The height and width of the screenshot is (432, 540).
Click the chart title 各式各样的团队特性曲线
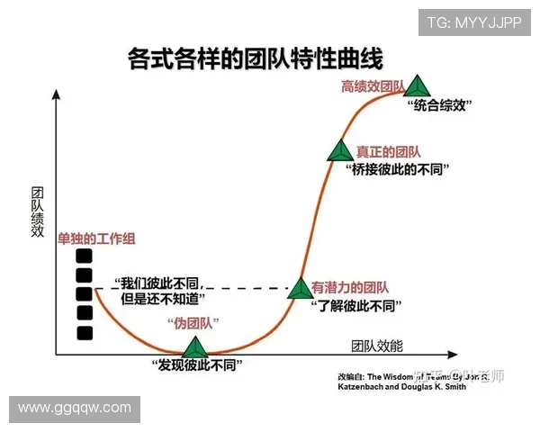(x=256, y=59)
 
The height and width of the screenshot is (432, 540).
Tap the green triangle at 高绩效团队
(x=416, y=86)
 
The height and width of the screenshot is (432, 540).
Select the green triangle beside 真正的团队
(x=340, y=151)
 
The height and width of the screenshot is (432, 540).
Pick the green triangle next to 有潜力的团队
(x=300, y=288)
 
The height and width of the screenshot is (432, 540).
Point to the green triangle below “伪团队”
(x=195, y=347)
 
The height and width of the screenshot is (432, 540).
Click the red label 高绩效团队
(x=372, y=86)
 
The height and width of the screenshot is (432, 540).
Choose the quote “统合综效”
(x=440, y=105)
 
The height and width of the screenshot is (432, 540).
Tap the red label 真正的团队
(x=388, y=152)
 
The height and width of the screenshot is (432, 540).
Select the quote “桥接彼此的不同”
(x=397, y=169)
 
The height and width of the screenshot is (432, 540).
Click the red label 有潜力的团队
(x=350, y=288)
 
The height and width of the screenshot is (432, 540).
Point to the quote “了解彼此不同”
(x=354, y=306)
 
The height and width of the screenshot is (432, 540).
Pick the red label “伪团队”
(x=192, y=323)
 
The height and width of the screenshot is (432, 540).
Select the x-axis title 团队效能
(x=377, y=346)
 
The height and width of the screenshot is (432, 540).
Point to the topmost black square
(x=85, y=255)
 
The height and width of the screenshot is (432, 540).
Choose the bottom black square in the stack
(x=85, y=333)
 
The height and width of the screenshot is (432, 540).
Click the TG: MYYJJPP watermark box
(x=473, y=22)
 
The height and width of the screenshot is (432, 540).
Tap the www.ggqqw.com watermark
(x=75, y=408)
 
